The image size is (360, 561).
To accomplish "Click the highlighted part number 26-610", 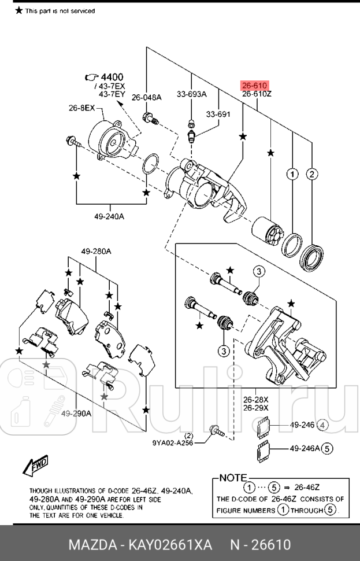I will [254, 85].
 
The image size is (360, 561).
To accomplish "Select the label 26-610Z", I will [256, 94].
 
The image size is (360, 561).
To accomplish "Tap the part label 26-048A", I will [147, 97].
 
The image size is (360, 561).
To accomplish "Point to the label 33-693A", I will [191, 94].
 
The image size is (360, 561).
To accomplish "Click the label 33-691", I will [218, 114].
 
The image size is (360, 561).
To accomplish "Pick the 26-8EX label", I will [81, 108].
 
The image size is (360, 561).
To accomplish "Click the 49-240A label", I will [109, 217].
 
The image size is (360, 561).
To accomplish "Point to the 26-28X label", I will [255, 398].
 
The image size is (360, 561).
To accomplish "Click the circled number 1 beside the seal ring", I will [292, 174].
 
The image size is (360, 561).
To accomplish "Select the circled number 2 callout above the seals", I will [312, 174].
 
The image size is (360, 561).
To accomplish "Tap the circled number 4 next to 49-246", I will [323, 426].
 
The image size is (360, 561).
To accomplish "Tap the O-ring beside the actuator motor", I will [151, 164].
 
